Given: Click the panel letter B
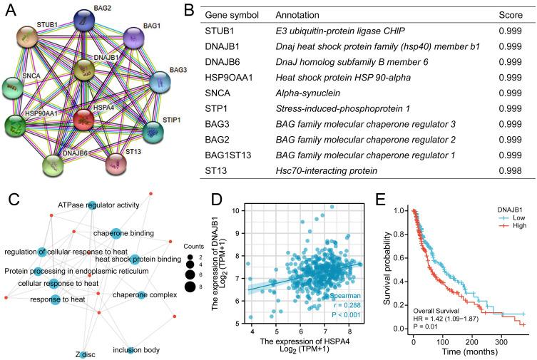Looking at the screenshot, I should coord(188,10).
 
